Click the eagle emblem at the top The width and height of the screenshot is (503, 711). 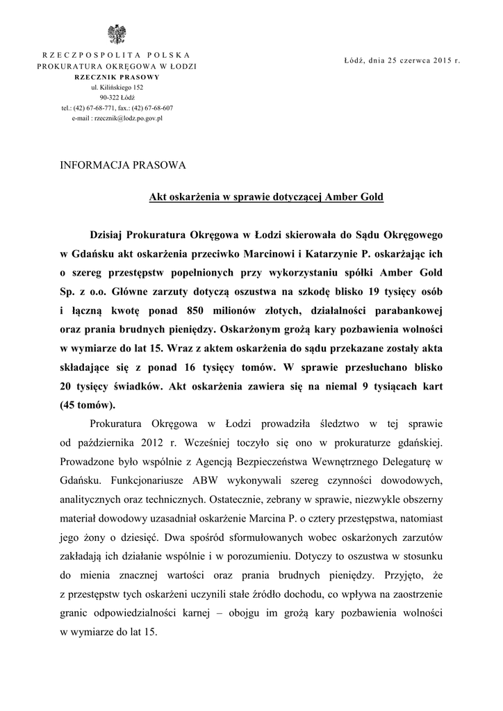coord(116,33)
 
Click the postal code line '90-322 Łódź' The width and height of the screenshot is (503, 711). coord(117,98)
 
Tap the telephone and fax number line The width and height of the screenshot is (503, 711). coord(117,108)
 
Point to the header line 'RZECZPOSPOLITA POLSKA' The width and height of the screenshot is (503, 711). coord(117,55)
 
